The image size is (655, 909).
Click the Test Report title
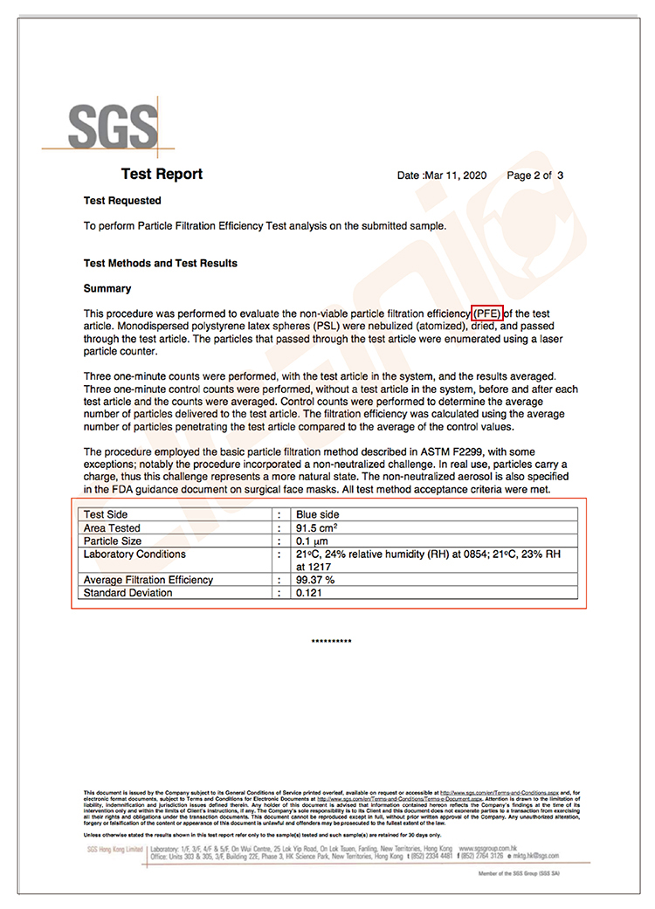point(162,175)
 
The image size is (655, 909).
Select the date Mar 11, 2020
point(457,176)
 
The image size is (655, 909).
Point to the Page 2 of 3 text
point(534,176)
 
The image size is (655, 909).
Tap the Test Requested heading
point(122,201)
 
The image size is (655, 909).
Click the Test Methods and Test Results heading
point(160,263)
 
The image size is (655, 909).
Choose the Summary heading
point(107,288)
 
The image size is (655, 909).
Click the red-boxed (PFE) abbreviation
point(487,313)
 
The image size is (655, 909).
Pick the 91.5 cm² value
point(317,528)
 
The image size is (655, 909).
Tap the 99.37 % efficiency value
point(316,580)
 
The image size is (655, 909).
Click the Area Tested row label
point(112,528)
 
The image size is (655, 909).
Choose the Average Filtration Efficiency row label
point(148,580)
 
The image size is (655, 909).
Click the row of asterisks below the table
point(332,642)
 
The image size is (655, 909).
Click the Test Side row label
point(106,515)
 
